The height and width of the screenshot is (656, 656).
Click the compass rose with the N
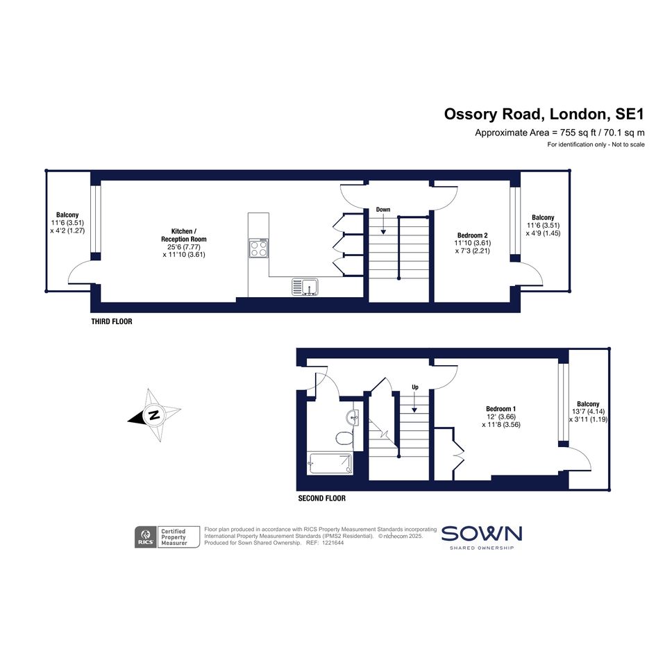click(x=154, y=415)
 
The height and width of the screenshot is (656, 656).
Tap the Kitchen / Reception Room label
click(x=184, y=235)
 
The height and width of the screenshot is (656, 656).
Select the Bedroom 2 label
click(x=472, y=235)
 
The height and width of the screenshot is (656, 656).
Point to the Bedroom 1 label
click(x=501, y=409)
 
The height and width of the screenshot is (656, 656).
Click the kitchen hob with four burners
click(x=258, y=248)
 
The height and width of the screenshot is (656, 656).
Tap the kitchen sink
click(x=305, y=287)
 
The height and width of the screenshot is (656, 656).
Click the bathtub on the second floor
click(x=330, y=463)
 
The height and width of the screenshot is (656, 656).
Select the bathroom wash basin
click(x=352, y=417)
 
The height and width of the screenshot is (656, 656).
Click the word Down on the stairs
click(x=382, y=210)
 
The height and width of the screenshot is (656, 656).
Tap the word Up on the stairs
click(x=415, y=387)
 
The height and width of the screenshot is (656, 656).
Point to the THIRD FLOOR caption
click(x=112, y=321)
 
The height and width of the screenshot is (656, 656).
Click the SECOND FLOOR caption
click(x=321, y=498)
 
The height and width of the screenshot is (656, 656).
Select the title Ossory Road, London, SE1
click(x=544, y=115)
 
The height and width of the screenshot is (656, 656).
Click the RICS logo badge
click(x=146, y=537)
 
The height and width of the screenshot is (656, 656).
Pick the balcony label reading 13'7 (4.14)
click(x=588, y=412)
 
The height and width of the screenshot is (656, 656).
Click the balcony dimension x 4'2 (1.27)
click(x=67, y=230)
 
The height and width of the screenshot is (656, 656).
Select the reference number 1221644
click(x=331, y=543)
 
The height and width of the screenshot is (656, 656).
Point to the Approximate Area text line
click(x=560, y=133)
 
